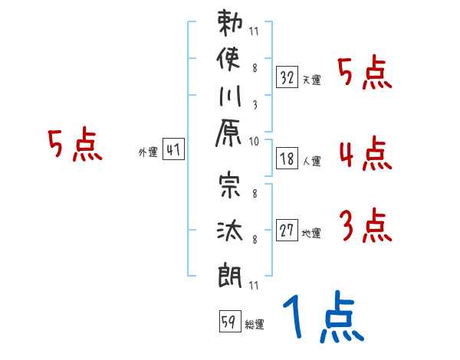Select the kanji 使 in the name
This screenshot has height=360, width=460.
[230, 61]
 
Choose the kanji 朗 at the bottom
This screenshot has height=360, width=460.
[230, 273]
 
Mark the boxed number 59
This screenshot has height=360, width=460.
[228, 322]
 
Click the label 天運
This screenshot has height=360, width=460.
[312, 80]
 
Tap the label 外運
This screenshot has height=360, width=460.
[148, 152]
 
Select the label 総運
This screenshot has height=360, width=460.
[255, 324]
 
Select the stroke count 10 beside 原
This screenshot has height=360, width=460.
[254, 141]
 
